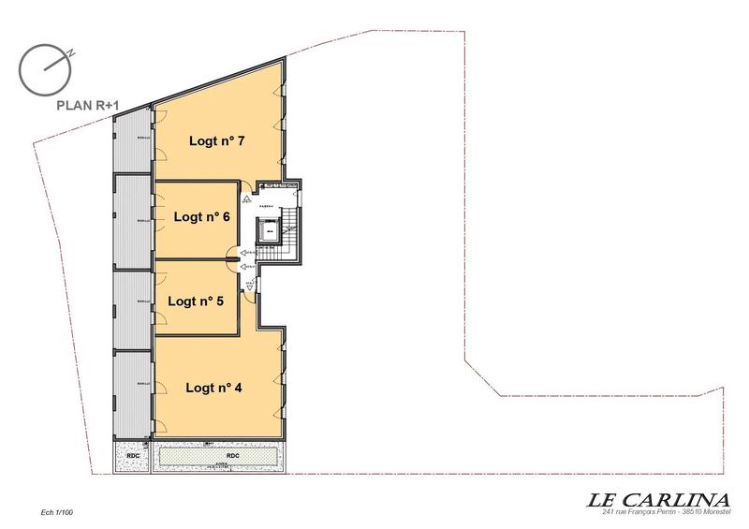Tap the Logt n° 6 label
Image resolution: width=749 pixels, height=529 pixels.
pos(202,216)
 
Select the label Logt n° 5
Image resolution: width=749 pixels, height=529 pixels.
pos(196,301)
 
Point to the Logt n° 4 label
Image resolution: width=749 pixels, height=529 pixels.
pos(214,386)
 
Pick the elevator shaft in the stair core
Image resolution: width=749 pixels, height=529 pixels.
pos(269,230)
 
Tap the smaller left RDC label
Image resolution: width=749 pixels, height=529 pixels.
pos(132,456)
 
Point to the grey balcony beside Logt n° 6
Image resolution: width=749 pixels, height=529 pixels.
pos(132,222)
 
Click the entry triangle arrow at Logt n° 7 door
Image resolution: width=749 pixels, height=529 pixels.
pos(245,198)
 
